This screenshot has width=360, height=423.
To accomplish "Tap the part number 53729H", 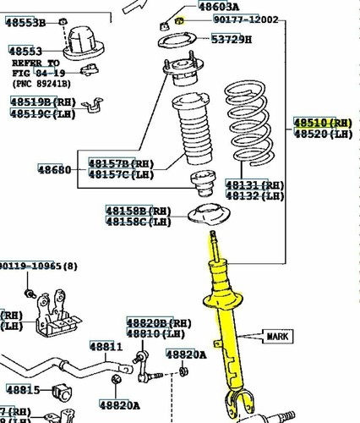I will click(231, 40).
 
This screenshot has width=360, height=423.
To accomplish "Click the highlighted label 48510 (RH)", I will click(323, 123).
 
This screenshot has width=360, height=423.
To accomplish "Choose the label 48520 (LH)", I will click(323, 134).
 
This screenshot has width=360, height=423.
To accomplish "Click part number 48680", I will click(54, 170).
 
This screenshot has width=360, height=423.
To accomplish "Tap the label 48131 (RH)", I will click(254, 184).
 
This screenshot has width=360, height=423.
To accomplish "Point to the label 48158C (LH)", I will click(138, 222).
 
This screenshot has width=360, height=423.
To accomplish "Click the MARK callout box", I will click(281, 336).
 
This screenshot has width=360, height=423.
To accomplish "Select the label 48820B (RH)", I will click(159, 323).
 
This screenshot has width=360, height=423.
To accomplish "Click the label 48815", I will click(23, 390).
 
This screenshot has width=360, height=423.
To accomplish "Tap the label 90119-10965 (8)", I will click(38, 266).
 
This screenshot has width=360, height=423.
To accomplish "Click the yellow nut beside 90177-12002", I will click(179, 19).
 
